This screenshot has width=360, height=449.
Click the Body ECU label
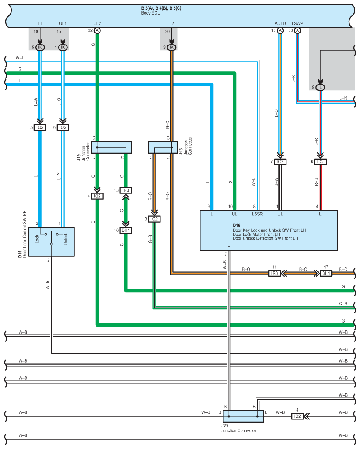click(151, 13)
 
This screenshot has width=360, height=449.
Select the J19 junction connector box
click(111, 148)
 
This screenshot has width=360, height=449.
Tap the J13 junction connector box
click(163, 148)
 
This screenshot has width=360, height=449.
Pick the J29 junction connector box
click(243, 416)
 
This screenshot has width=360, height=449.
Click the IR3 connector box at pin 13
click(126, 190)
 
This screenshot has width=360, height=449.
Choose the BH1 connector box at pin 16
click(126, 230)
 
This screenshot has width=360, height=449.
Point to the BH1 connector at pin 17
click(326, 274)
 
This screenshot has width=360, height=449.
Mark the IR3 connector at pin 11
click(275, 274)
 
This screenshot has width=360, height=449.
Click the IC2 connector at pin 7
click(280, 162)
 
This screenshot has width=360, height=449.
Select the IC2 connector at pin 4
click(297, 416)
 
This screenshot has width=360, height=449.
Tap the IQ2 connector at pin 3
click(154, 219)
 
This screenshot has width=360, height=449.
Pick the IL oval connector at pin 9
click(320, 87)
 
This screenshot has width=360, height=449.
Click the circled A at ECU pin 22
click(97, 30)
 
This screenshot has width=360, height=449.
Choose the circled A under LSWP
click(297, 30)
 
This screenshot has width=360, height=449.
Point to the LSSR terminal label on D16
click(257, 214)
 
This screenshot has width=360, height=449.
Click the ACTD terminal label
click(280, 23)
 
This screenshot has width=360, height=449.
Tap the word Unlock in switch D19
click(66, 239)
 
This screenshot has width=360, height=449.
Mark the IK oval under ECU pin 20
click(171, 47)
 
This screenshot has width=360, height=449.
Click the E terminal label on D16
click(229, 247)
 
